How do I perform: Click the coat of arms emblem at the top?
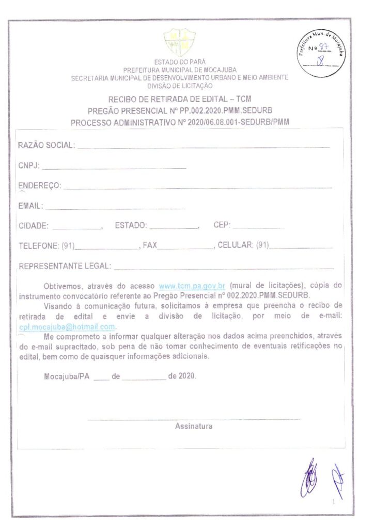(179, 42)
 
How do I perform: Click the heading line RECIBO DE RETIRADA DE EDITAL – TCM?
(180, 98)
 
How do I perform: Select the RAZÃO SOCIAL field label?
(46, 145)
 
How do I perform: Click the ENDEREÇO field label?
(40, 186)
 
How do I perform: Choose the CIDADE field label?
(34, 225)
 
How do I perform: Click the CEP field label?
(222, 225)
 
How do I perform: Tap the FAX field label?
(150, 246)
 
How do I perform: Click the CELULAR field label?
(236, 246)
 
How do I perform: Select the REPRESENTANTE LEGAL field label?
(65, 267)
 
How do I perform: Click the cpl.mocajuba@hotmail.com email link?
(67, 327)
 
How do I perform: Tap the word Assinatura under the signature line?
(194, 426)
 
